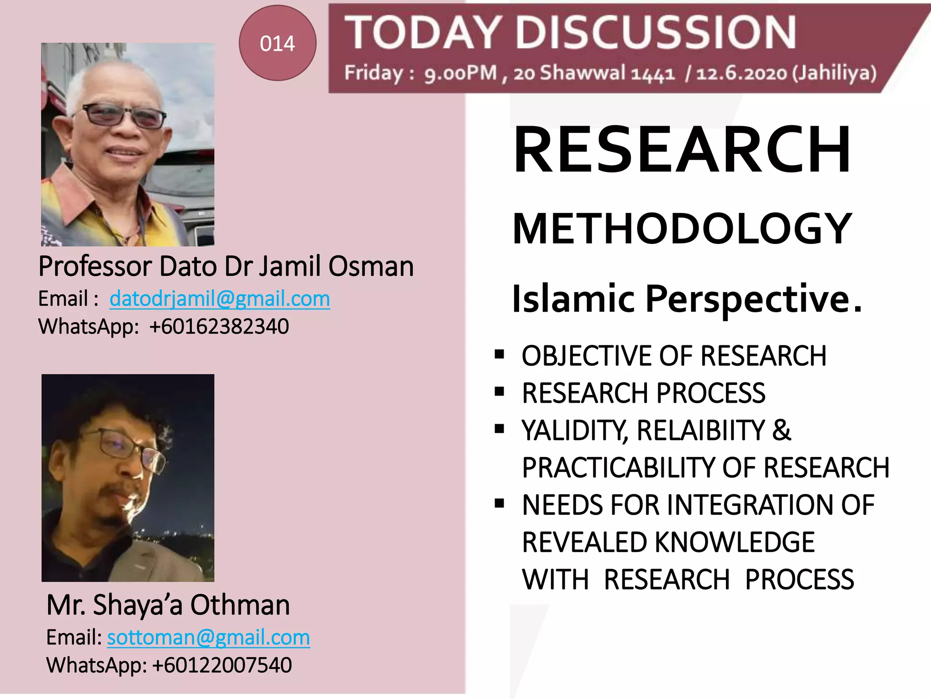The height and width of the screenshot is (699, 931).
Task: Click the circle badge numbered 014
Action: [277, 43]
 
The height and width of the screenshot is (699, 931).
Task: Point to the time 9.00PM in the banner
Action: [460, 73]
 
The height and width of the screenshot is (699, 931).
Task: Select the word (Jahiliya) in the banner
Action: [835, 73]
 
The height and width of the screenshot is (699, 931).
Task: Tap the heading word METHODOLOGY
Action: [681, 228]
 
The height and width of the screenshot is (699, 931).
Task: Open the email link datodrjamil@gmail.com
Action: [220, 299]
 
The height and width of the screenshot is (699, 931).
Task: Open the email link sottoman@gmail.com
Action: [208, 638]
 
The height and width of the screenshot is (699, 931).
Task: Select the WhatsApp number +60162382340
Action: [219, 327]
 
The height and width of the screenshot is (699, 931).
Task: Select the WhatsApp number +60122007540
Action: [222, 665]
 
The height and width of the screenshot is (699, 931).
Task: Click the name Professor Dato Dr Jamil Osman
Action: [226, 266]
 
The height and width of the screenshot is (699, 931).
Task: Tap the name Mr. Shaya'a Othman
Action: [168, 605]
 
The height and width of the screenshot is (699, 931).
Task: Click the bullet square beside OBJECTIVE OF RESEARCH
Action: [500, 354]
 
